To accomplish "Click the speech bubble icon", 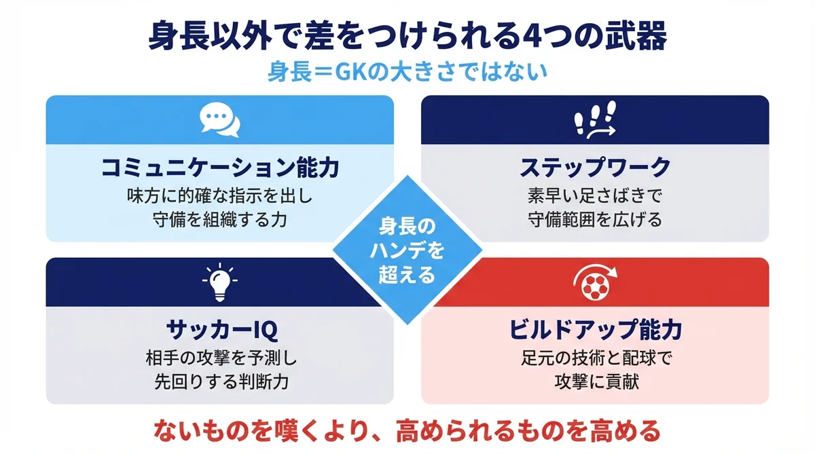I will [x=220, y=120].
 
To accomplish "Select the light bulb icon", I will [x=220, y=282].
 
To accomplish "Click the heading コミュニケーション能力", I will [x=220, y=168].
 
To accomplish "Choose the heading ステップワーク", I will [x=595, y=168].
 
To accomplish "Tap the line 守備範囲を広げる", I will [x=595, y=220].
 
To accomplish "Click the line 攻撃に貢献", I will [x=595, y=381].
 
